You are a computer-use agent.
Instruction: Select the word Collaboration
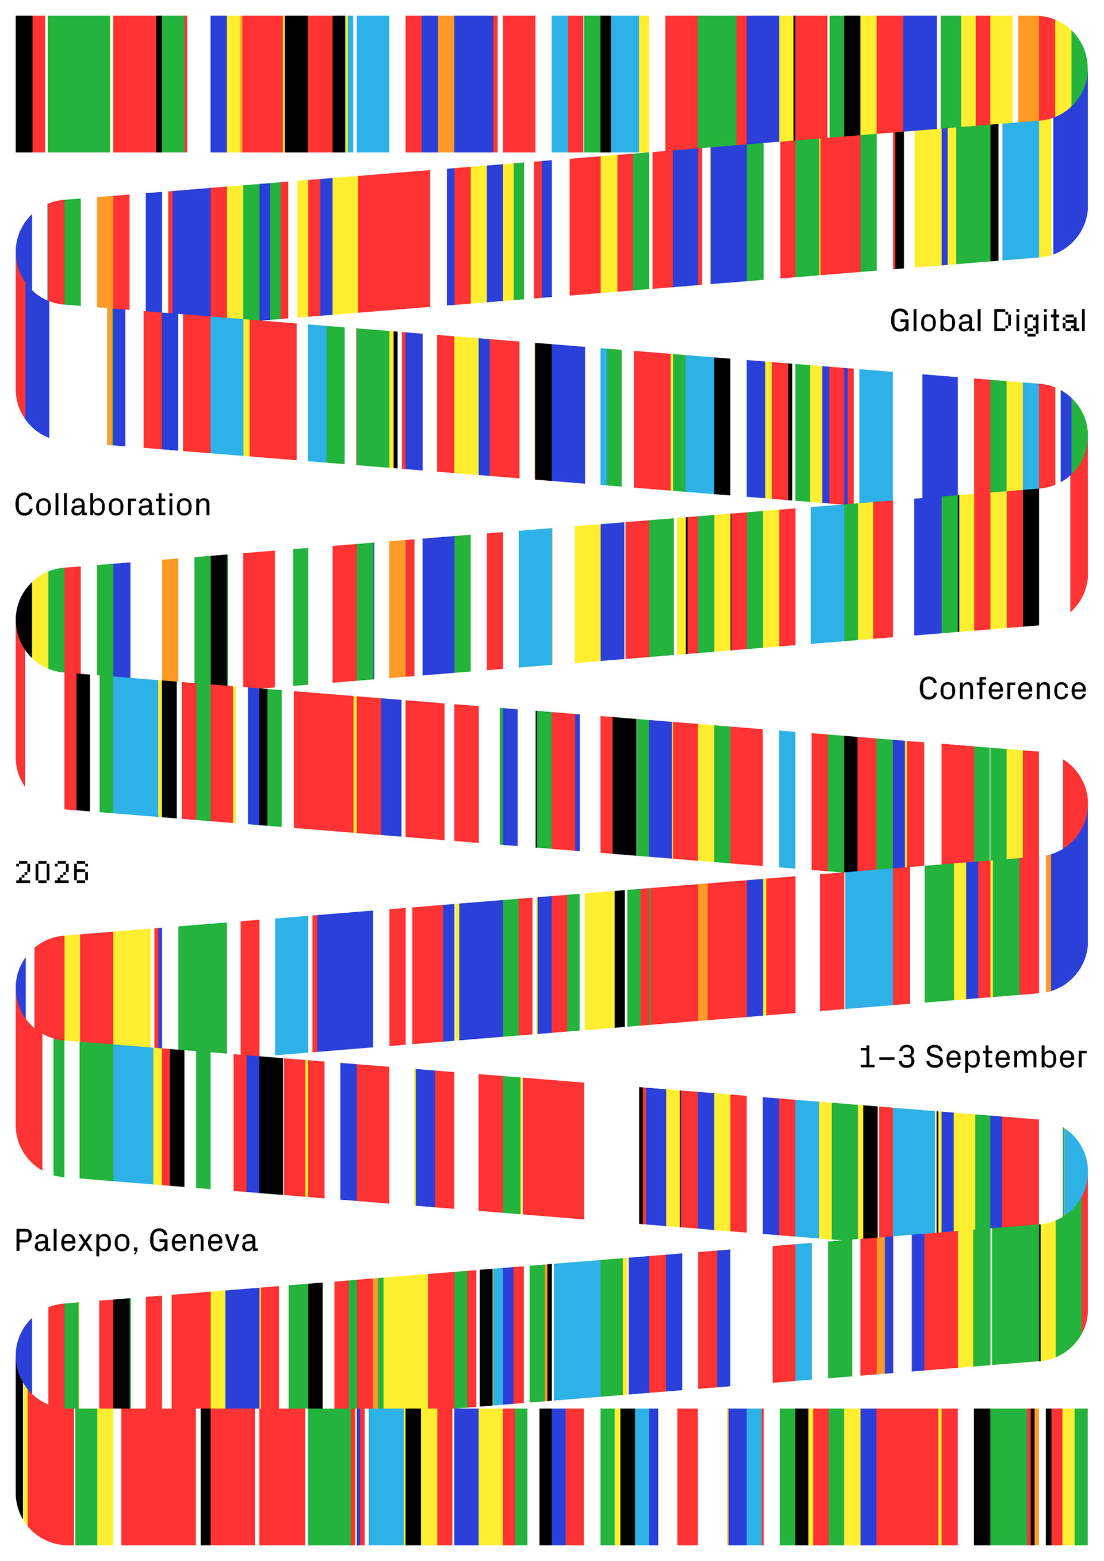113,504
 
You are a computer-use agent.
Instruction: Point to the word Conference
1003,688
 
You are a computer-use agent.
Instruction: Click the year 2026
52,873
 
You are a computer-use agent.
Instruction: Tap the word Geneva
203,1241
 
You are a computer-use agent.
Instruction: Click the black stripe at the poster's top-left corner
24,83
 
